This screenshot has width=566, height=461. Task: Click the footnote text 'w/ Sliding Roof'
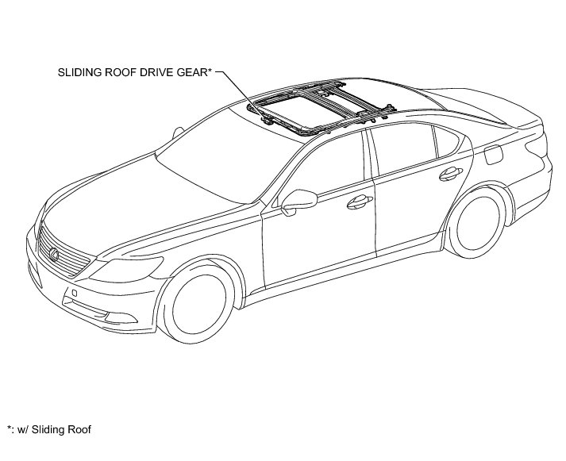(54, 430)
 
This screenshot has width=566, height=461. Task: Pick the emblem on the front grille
(54, 253)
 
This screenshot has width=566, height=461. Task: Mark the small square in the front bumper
(74, 294)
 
